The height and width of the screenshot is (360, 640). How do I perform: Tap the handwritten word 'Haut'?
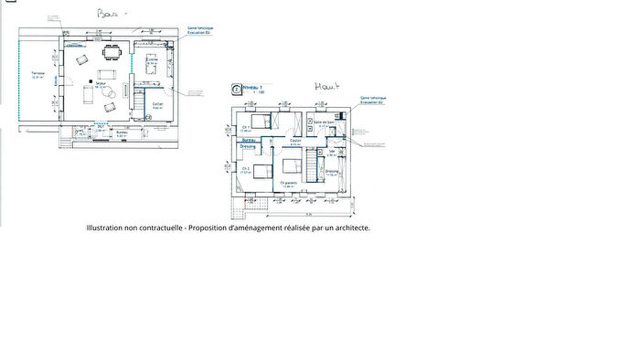tap(326, 87)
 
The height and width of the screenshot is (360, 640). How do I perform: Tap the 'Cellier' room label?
tap(158, 104)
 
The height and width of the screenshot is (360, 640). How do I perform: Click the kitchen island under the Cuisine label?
tap(153, 67)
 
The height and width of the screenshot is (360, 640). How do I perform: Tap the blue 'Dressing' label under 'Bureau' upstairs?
tap(248, 146)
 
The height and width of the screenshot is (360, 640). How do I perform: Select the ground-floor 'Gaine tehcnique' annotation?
tap(201, 29)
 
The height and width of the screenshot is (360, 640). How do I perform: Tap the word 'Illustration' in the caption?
tap(108, 228)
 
